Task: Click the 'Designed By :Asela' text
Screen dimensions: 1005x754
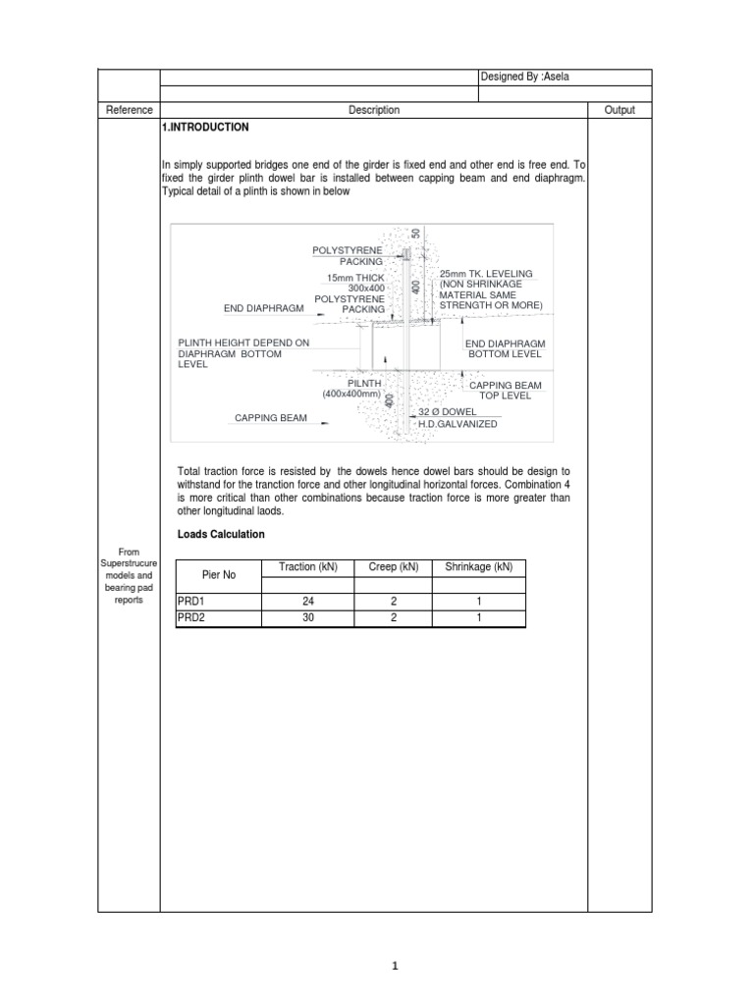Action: [x=525, y=78]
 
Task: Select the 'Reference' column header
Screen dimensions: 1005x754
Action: [x=129, y=110]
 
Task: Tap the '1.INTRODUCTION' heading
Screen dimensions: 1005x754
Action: [x=206, y=128]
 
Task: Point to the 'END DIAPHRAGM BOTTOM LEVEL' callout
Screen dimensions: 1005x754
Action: [x=505, y=347]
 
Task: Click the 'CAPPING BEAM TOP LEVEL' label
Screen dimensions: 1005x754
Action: [x=505, y=391]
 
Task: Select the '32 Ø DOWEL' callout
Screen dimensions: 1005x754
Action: [x=448, y=411]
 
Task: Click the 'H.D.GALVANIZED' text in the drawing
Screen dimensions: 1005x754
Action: [x=458, y=424]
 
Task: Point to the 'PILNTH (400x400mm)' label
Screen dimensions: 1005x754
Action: [x=351, y=388]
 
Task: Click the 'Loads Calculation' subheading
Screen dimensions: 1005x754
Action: [x=221, y=534]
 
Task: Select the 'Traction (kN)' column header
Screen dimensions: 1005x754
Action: [x=307, y=567]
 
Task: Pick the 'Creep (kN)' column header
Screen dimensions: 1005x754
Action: [x=393, y=567]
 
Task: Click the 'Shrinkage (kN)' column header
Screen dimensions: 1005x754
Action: [x=478, y=567]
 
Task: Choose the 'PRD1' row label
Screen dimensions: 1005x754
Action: [x=189, y=602]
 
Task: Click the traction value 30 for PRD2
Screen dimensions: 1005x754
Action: [x=307, y=618]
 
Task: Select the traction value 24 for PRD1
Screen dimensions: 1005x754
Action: [x=307, y=602]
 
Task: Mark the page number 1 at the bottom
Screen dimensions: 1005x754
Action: [x=395, y=966]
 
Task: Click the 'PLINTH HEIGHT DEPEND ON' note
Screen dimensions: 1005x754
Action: [x=243, y=342]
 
